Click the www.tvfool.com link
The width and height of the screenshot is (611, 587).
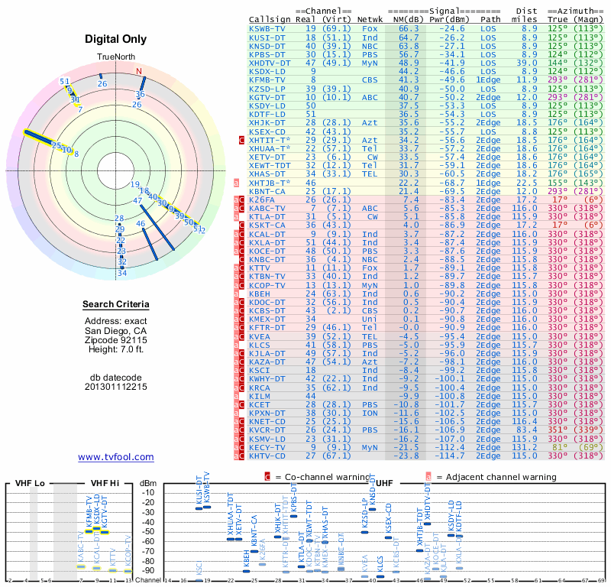pos(116,457)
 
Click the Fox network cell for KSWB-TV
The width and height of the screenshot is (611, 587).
pos(370,28)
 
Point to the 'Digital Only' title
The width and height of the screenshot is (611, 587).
pos(116,40)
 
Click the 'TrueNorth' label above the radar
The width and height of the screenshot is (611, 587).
pos(116,57)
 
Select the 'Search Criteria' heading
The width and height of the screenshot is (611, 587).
pos(116,305)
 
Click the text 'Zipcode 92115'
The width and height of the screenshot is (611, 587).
pos(116,339)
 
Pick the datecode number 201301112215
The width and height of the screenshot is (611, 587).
pos(116,387)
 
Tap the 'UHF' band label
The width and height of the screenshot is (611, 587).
pos(386,483)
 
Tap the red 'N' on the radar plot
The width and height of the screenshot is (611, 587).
pos(139,72)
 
